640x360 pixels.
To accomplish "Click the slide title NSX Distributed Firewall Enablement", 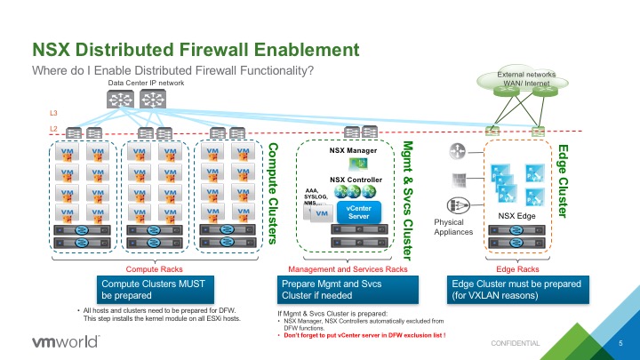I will tap(196, 49).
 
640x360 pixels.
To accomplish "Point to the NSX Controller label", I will tap(356, 180).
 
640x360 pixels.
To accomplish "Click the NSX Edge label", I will tap(514, 213).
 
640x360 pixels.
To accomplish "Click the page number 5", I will tap(620, 342).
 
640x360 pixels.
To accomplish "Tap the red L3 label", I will tap(52, 115).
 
